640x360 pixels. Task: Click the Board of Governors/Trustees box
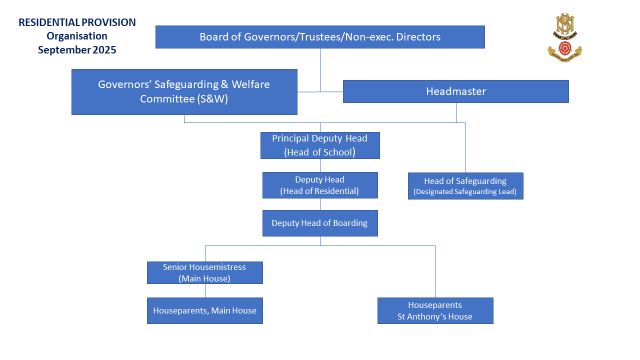coord(320,37)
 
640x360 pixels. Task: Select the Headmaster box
coord(455,91)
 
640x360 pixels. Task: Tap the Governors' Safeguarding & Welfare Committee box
coord(184,92)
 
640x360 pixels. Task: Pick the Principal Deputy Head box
coord(320,145)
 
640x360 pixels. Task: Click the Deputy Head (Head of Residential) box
coord(320,185)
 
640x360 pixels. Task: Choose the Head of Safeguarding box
coord(465,186)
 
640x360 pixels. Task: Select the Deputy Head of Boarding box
coord(320,223)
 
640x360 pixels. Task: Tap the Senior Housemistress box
coord(204,272)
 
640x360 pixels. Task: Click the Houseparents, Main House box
coord(204,310)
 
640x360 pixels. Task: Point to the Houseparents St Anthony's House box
coord(435,310)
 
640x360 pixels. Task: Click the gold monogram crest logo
coord(565,26)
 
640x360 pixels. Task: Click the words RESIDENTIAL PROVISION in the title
coord(77,22)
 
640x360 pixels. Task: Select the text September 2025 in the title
coord(77,50)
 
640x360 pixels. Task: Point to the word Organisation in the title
coord(77,36)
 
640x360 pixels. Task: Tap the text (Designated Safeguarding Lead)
coord(465,191)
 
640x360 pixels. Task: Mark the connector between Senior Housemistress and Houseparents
coord(205,290)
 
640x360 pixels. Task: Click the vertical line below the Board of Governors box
coord(320,69)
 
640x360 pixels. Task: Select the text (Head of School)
coord(320,152)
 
